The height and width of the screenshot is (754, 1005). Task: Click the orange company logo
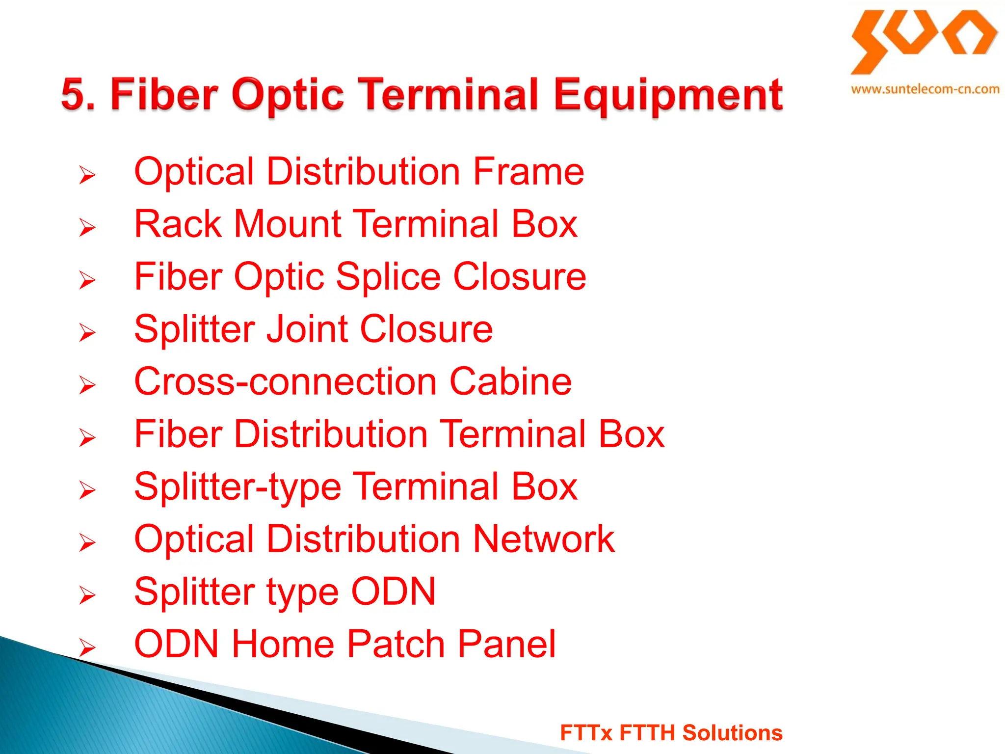[x=924, y=41]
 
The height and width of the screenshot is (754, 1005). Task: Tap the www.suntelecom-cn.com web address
[x=925, y=89]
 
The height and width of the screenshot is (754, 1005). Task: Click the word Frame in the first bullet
[x=529, y=171]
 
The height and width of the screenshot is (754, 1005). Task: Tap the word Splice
[x=388, y=277]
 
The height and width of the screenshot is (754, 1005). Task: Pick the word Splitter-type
[x=238, y=487]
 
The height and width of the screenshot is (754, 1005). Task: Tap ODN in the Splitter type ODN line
[x=393, y=592]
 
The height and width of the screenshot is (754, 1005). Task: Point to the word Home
[x=283, y=644]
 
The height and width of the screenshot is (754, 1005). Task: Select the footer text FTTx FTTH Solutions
[x=671, y=732]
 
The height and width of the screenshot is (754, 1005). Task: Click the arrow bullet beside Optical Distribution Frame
[x=87, y=175]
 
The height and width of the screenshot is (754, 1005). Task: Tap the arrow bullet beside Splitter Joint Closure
[x=87, y=333]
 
